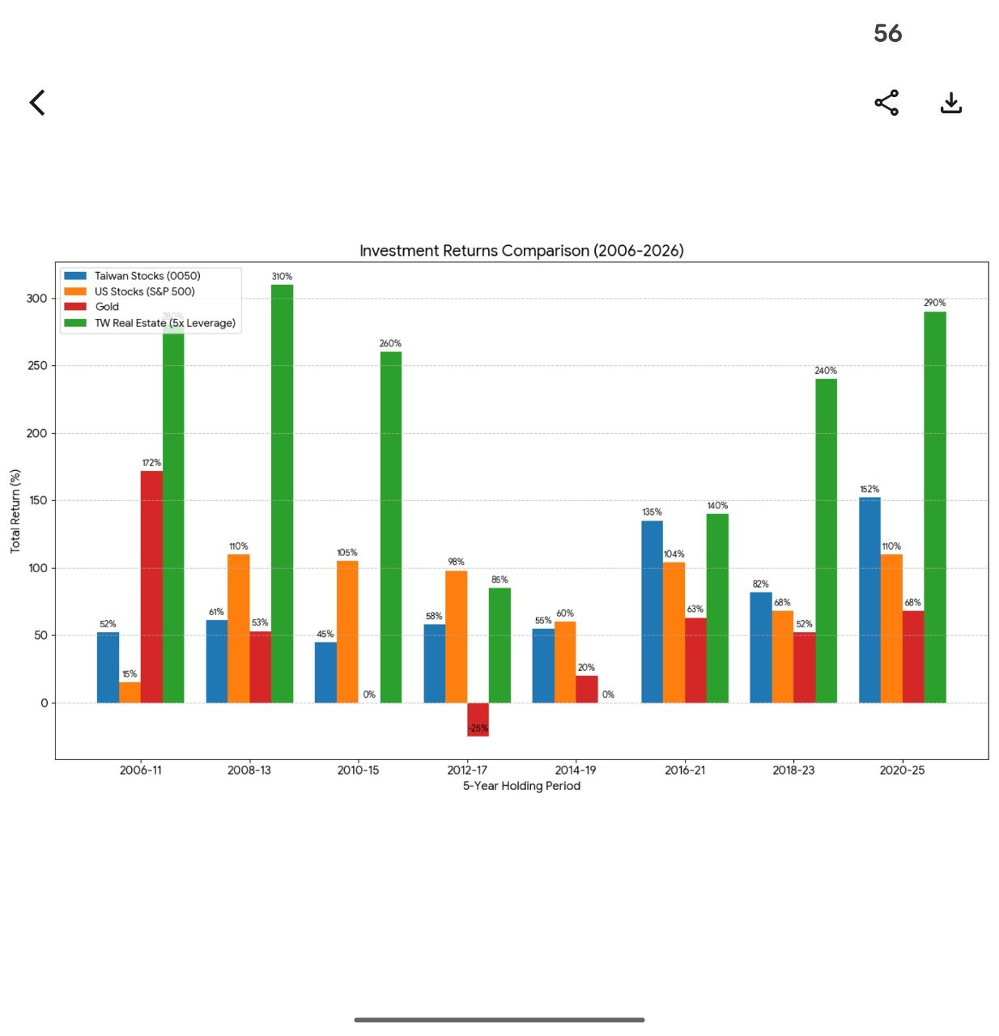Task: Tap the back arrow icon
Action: click(37, 103)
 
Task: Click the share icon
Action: click(886, 103)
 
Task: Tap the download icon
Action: click(951, 103)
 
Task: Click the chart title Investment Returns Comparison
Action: click(521, 251)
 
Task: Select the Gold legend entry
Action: click(107, 307)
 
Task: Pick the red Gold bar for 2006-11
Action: click(151, 587)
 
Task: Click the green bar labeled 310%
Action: click(283, 494)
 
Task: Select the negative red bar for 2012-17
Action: click(478, 720)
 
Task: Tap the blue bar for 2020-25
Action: click(869, 600)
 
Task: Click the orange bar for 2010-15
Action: click(347, 631)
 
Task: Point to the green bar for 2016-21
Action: click(717, 608)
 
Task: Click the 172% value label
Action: click(151, 463)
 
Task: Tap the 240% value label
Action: click(826, 371)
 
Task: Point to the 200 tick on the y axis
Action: click(37, 433)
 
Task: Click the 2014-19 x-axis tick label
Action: click(576, 770)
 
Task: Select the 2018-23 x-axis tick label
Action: click(793, 770)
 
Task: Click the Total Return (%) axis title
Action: click(15, 511)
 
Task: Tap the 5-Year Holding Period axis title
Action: click(521, 786)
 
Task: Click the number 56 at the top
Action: click(887, 33)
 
